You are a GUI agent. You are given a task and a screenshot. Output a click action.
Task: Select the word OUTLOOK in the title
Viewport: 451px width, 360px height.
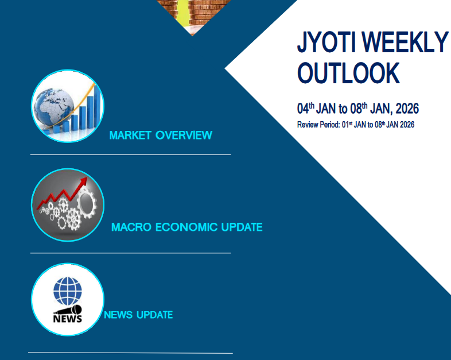pyautogui.click(x=348, y=73)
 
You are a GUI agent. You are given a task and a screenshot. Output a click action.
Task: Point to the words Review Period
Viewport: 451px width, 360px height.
pyautogui.click(x=318, y=125)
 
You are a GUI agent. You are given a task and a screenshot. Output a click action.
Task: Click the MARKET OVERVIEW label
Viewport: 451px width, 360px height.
pyautogui.click(x=161, y=136)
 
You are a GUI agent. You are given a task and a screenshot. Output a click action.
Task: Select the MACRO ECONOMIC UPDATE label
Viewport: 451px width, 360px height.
pyautogui.click(x=187, y=227)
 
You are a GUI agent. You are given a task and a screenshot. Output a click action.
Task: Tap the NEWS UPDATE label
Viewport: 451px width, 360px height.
pyautogui.click(x=138, y=315)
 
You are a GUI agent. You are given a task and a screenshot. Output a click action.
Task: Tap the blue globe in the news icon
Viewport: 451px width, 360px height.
pyautogui.click(x=68, y=292)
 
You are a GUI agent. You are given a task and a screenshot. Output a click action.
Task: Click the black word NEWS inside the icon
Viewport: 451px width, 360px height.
pyautogui.click(x=67, y=318)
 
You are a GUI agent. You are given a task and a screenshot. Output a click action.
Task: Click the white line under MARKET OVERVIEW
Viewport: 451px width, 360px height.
pyautogui.click(x=130, y=154)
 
